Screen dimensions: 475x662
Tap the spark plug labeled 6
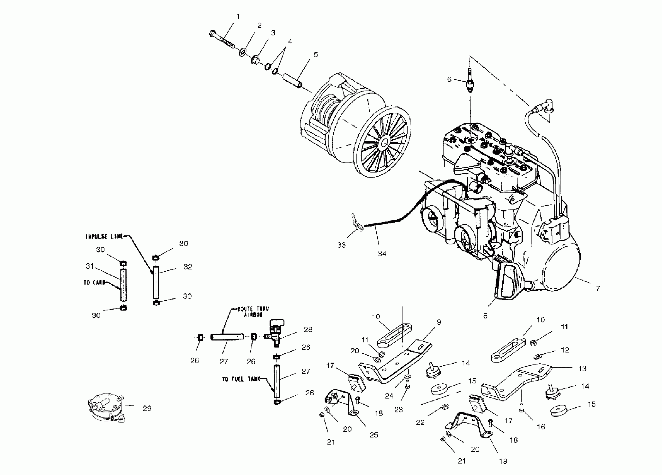point(470,82)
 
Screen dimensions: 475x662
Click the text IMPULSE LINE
point(105,237)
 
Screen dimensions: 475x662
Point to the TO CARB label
point(94,282)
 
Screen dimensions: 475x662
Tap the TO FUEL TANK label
point(241,379)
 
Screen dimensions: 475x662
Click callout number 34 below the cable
point(382,254)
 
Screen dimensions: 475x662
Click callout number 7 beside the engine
point(598,289)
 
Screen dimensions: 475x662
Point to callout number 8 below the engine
point(485,316)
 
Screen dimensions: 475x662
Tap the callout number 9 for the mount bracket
point(439,322)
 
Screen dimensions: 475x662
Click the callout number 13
point(582,369)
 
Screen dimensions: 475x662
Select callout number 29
point(147,408)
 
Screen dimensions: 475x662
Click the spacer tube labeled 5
point(292,80)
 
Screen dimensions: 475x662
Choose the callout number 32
point(188,267)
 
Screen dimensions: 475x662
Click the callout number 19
point(503,461)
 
